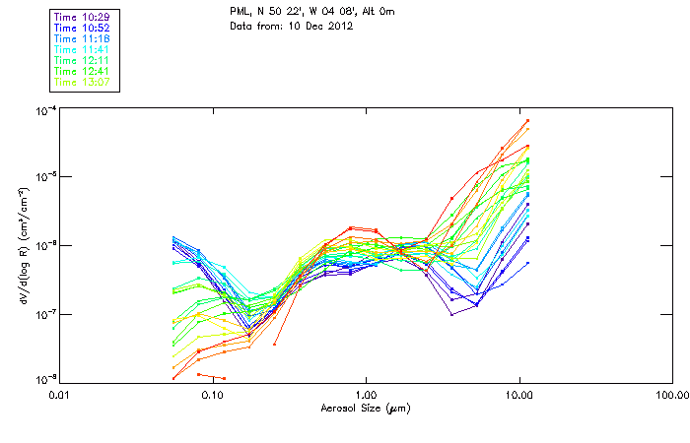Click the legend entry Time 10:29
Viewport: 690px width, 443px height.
pyautogui.click(x=83, y=17)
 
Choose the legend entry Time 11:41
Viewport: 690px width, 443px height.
pyautogui.click(x=83, y=49)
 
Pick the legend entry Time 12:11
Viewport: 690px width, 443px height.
pyautogui.click(x=83, y=61)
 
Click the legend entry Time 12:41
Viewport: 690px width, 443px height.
pyautogui.click(x=83, y=72)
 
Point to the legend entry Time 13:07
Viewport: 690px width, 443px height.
pyautogui.click(x=83, y=83)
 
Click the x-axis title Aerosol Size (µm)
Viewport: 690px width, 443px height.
pyautogui.click(x=365, y=408)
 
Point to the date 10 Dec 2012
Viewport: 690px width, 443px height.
pyautogui.click(x=320, y=26)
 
